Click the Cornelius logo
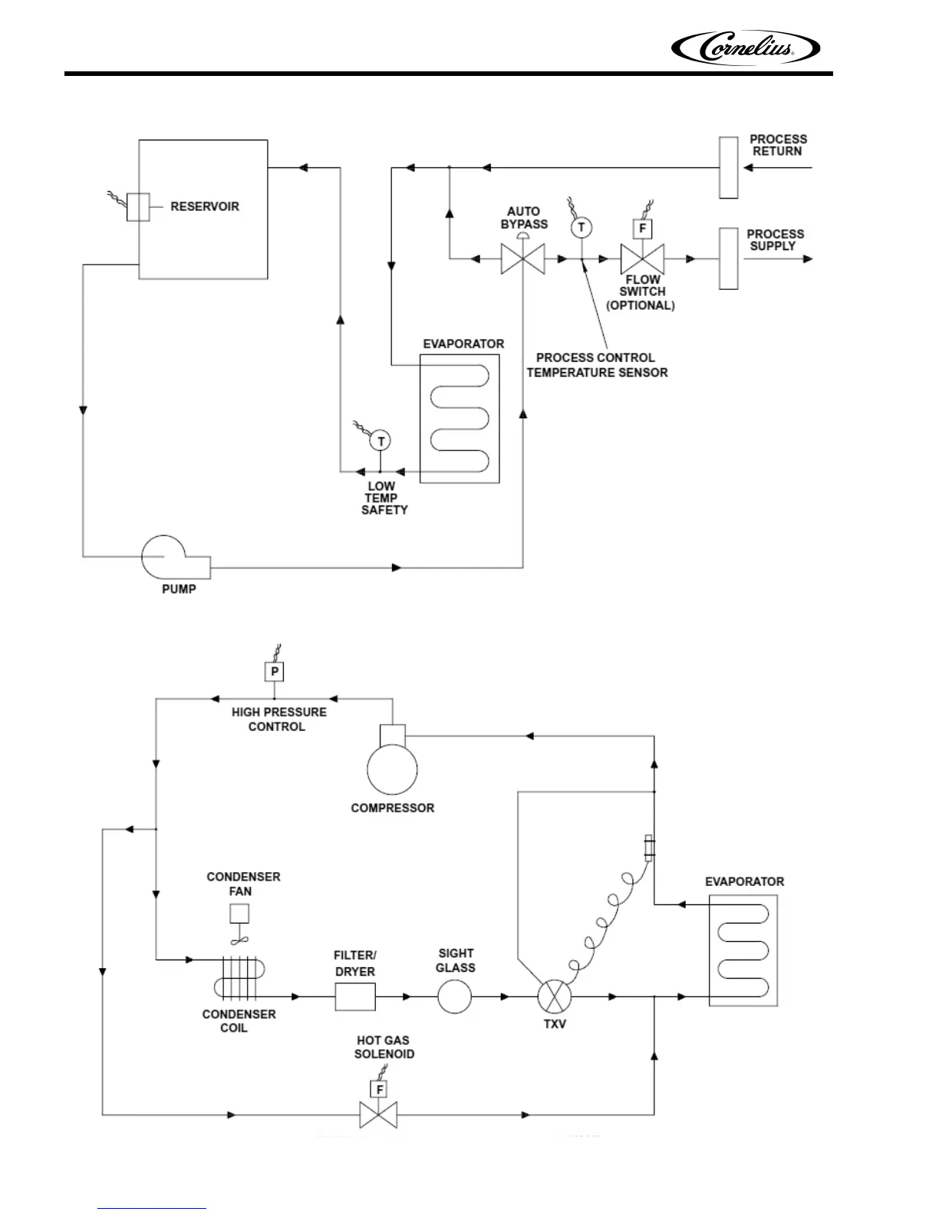[746, 49]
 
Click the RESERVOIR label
[205, 206]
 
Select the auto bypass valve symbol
[522, 258]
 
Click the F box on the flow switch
[642, 229]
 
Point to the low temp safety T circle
[381, 441]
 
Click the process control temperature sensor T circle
[581, 227]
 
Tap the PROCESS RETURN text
[777, 145]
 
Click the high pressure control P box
[275, 672]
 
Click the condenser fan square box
[239, 914]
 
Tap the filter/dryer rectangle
[355, 996]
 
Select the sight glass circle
[455, 996]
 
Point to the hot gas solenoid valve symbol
[378, 1115]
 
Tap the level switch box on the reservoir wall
[137, 207]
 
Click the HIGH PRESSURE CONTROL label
[278, 719]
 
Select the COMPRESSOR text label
[392, 808]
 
